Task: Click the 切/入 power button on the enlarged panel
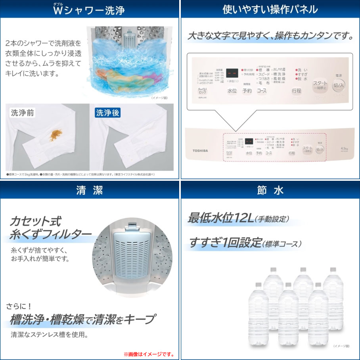coord(339,85)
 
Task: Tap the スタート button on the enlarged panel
coord(320,85)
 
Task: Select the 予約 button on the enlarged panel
coord(247,91)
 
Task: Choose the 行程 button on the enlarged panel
coord(296,91)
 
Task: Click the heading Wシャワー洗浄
coord(89,9)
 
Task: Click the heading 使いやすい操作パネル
coord(270,9)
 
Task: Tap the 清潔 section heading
coord(90,190)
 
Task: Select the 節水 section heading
coord(270,190)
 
